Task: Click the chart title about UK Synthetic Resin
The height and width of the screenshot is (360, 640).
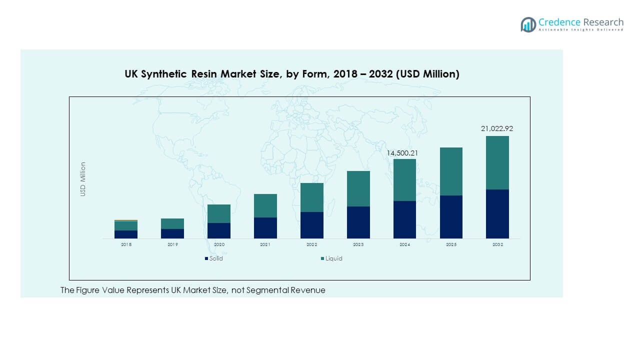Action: click(291, 74)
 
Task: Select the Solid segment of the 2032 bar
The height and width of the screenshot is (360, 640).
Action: click(497, 213)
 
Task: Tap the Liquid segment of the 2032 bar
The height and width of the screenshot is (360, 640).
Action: click(497, 162)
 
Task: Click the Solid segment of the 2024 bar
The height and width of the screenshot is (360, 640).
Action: click(404, 219)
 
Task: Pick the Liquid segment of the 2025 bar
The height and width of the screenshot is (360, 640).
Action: click(451, 171)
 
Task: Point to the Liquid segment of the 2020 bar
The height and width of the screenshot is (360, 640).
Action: click(218, 213)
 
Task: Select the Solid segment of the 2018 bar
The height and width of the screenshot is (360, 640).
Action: click(125, 234)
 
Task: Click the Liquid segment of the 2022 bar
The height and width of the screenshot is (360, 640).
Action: click(311, 197)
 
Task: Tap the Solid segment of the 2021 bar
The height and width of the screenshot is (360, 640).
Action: click(265, 227)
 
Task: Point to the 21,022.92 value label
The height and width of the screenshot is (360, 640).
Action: click(496, 128)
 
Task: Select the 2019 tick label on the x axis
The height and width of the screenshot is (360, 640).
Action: click(172, 244)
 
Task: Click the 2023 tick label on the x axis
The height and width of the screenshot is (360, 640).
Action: click(358, 244)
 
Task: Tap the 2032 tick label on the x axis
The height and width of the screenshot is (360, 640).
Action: click(497, 244)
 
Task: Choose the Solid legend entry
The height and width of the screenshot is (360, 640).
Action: click(214, 258)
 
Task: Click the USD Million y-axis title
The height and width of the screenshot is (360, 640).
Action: click(83, 179)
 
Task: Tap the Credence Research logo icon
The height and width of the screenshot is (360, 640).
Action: click(528, 24)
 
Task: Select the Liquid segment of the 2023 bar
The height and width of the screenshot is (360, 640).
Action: click(358, 188)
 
